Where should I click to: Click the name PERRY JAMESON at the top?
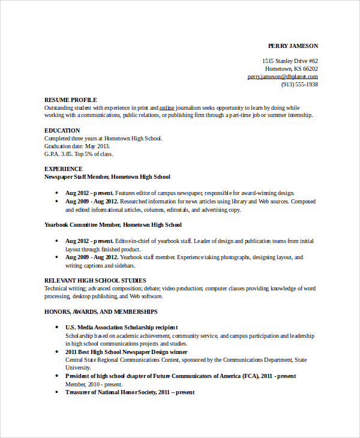coord(293,46)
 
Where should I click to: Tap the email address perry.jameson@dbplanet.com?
coord(283,77)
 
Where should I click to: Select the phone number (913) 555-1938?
coord(299,85)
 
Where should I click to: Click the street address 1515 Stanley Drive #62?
coord(290,61)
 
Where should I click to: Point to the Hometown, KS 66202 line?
coord(292,69)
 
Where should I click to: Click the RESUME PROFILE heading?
coord(70,100)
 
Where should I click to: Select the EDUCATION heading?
coord(62,130)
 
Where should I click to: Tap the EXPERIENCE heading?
coord(64,169)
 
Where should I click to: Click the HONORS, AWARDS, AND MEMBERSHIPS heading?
coord(101,312)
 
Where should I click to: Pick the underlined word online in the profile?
coord(167,107)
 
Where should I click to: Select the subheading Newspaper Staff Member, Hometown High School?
coord(107,177)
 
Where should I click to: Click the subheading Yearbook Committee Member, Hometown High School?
coord(113,225)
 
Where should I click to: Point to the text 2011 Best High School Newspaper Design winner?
coord(126,352)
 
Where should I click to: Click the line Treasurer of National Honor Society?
coord(130,392)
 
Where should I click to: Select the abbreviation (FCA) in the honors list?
coord(251,376)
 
